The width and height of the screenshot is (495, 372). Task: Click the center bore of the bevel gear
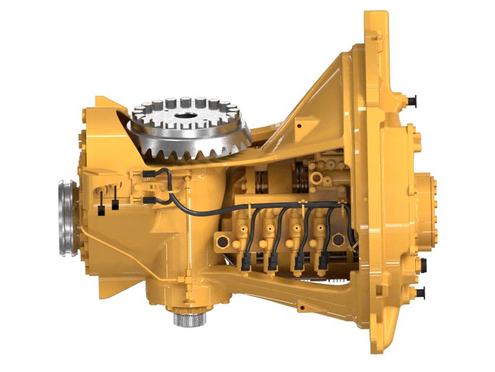pos(185,116)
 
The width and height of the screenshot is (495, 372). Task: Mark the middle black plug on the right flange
pos(424,265)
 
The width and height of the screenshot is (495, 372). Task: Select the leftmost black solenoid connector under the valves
pos(246,267)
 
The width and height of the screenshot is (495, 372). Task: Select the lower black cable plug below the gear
pos(148,200)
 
